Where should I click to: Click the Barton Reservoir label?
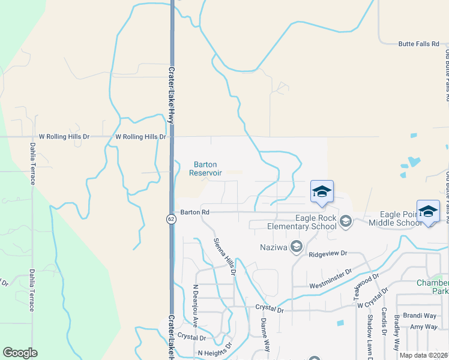pos(206,169)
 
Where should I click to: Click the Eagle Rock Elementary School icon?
pos(345,223)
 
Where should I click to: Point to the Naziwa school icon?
pos(296,247)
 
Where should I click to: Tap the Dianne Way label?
pos(265,334)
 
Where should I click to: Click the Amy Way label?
pos(423,327)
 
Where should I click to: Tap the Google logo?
pos(20,353)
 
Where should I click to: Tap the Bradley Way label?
pos(397,334)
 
